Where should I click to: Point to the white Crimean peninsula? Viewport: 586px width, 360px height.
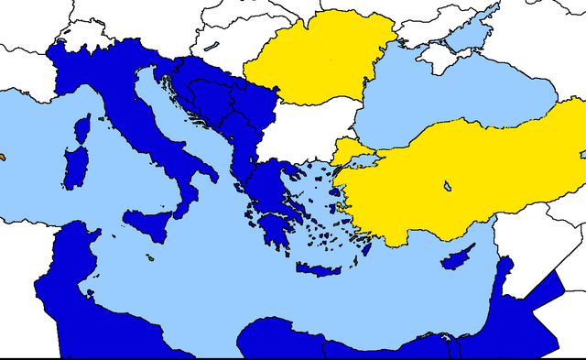(x=440, y=57)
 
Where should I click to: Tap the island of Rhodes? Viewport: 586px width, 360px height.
(x=365, y=247)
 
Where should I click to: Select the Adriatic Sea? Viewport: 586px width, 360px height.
(x=183, y=119)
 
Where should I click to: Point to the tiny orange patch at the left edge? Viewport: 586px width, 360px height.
(x=2, y=157)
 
